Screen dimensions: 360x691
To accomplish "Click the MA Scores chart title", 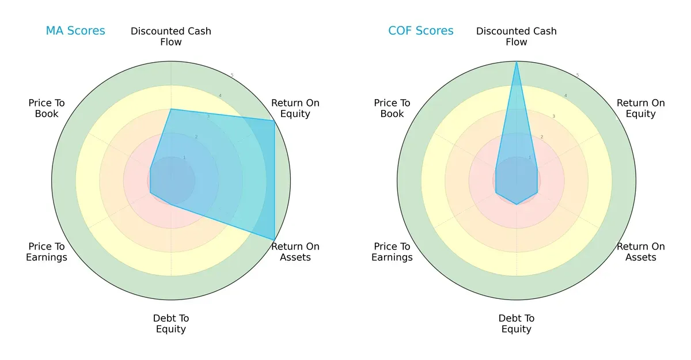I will (75, 31).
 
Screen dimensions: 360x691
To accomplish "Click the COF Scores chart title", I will (421, 31).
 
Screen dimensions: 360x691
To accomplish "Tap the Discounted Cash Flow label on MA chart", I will (171, 36).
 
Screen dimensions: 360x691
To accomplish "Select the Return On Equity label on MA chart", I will (295, 108).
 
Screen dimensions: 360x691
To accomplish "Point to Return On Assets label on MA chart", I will (295, 252).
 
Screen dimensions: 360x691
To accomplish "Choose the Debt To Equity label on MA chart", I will (171, 324).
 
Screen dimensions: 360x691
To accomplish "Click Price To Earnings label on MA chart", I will (47, 252).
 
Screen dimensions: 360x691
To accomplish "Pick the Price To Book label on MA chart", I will (47, 108).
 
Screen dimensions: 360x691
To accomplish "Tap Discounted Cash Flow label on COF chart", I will (517, 36).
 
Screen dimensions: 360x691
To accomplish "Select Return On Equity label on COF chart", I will (641, 108).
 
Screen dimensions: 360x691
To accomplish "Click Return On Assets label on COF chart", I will (641, 252).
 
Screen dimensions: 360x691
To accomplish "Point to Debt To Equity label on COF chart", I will (517, 324).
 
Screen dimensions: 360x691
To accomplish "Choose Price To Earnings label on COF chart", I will (392, 252).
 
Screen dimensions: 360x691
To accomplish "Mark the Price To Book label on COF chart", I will (392, 108).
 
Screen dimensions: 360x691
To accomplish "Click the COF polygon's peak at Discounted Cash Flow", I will (517, 62).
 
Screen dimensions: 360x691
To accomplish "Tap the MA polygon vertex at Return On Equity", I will (274, 120).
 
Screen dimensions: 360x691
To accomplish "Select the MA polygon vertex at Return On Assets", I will (274, 240).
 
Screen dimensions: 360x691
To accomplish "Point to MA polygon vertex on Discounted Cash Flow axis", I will (171, 109).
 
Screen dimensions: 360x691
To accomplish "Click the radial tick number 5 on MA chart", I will (232, 75).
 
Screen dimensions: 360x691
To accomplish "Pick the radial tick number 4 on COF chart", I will (565, 96).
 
